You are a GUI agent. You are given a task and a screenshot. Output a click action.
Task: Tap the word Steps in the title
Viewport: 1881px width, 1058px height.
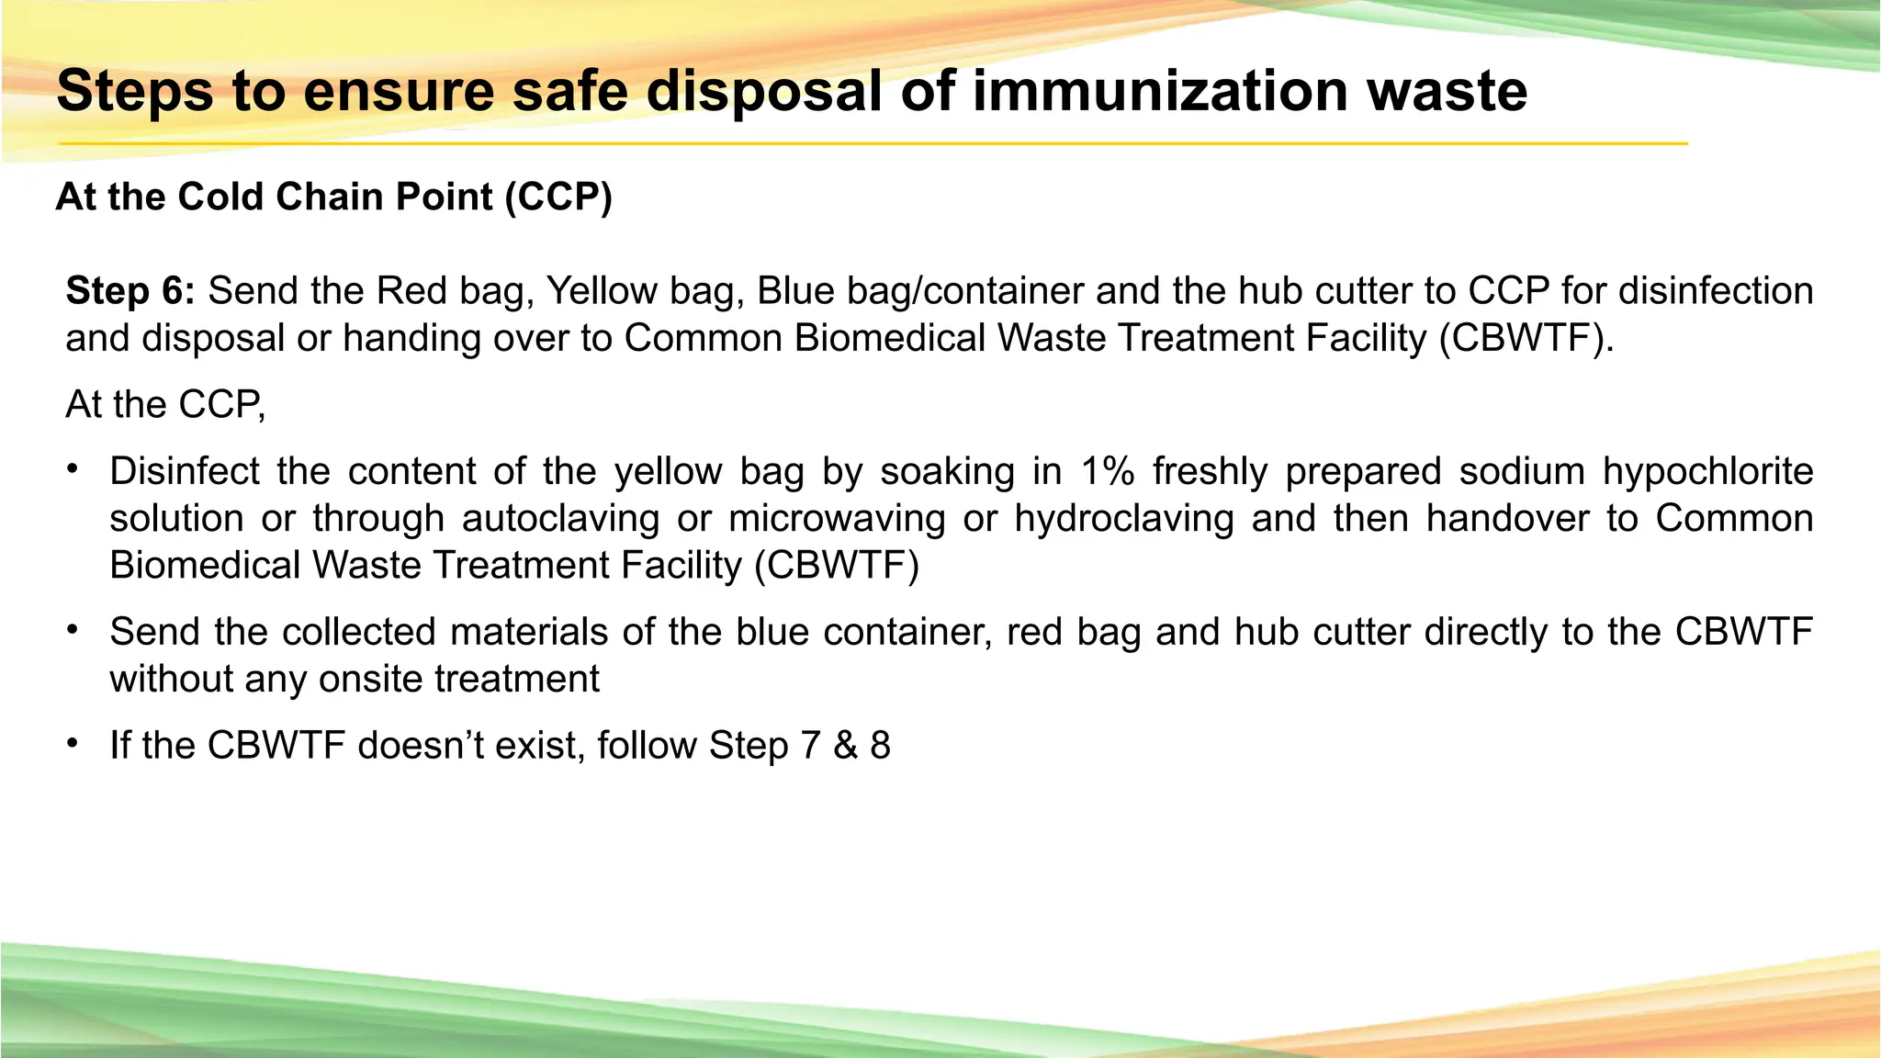coord(135,92)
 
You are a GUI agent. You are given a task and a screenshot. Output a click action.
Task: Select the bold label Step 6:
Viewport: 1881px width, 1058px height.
coord(130,291)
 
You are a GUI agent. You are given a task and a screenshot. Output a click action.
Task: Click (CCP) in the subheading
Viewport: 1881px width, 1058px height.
coord(558,197)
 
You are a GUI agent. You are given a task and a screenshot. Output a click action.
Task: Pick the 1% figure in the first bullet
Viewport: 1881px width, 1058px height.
coord(1108,471)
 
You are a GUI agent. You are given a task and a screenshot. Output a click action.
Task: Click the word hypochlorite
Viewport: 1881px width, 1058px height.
coord(1707,471)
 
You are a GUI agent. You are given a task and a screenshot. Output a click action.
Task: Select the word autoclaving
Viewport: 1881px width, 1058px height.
coord(560,519)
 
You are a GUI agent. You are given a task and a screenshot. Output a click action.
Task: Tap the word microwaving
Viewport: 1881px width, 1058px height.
coord(837,519)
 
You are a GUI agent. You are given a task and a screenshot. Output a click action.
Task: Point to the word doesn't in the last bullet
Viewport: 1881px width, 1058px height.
coord(421,745)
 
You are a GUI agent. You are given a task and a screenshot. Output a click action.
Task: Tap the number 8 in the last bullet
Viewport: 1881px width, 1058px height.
coord(880,745)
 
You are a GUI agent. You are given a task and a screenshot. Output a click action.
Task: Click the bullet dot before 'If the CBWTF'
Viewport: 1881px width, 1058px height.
coord(72,743)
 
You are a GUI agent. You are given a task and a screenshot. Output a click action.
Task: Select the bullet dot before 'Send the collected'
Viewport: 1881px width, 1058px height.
coord(72,630)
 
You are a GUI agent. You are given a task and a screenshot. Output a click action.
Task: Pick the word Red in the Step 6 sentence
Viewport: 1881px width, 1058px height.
coord(409,291)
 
